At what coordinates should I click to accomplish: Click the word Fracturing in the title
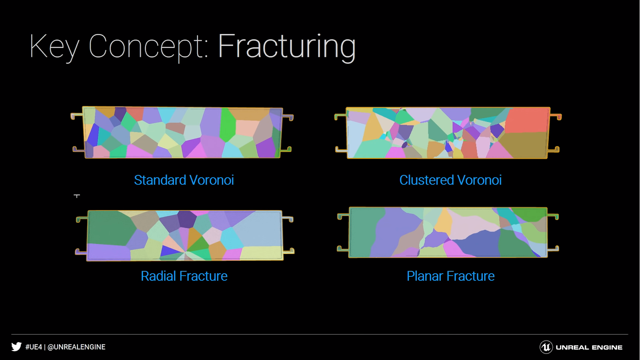(287, 46)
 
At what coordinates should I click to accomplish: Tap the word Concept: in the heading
(148, 46)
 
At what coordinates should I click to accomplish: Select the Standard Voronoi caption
(184, 180)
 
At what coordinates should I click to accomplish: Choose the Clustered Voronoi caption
(450, 180)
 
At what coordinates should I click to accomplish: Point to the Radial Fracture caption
(184, 276)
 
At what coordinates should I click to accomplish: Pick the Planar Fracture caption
(450, 276)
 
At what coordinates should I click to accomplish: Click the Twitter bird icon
(16, 346)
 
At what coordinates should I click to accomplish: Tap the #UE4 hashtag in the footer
(34, 347)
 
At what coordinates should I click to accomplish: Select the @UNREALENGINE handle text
(76, 347)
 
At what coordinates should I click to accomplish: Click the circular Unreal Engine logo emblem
(546, 347)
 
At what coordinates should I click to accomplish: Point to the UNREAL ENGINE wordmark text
(589, 348)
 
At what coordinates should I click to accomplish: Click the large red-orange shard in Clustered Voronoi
(526, 120)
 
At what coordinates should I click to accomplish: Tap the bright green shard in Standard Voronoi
(228, 125)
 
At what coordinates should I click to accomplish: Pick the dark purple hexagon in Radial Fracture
(187, 219)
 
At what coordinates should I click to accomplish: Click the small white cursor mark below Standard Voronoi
(77, 196)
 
